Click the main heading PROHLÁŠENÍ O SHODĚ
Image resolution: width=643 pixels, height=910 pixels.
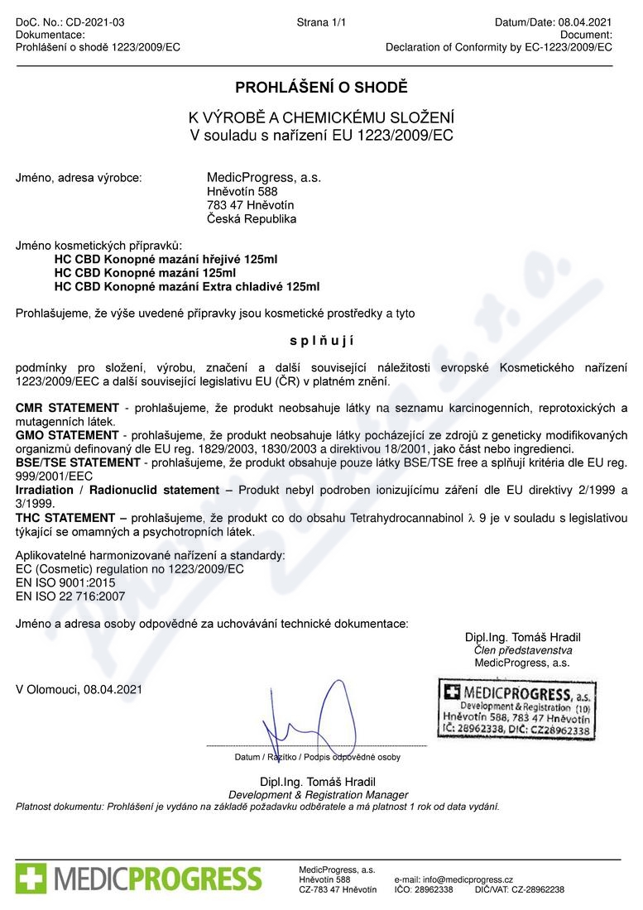pos(321,88)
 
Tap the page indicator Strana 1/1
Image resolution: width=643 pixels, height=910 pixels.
pos(321,22)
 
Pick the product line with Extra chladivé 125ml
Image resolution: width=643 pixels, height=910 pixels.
pos(186,286)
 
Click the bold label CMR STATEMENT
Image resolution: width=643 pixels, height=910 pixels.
pos(68,408)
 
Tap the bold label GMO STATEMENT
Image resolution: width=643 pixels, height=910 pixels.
pos(68,434)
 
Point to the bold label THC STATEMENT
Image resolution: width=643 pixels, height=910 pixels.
pos(65,517)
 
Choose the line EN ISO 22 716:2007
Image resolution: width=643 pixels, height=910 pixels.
pos(71,595)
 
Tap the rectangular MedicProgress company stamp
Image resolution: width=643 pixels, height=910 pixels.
pos(516,709)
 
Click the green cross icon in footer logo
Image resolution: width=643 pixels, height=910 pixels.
pos(31,877)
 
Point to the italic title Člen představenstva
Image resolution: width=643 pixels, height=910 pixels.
pos(522,650)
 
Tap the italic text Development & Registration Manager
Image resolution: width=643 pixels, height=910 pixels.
pos(318,794)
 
